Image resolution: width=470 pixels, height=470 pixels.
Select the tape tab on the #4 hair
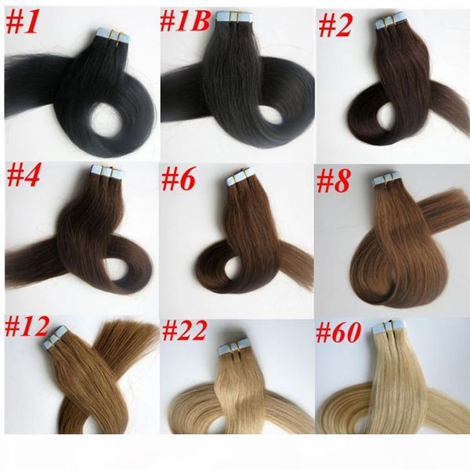104,170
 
